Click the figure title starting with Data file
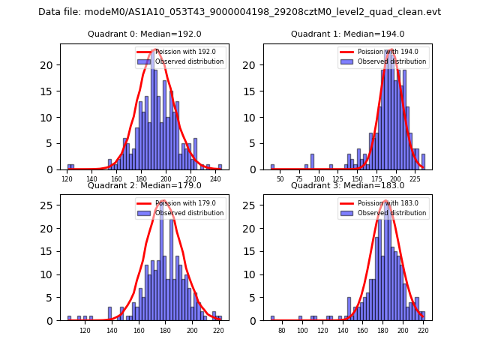coord(239,12)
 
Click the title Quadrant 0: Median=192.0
coord(145,34)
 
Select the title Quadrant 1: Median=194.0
coord(347,34)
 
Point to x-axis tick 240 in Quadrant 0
coord(215,178)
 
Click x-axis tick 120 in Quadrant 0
coord(67,178)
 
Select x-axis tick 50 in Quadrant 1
coord(280,178)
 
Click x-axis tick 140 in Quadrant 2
coord(112,330)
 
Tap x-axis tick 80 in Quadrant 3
coord(282,330)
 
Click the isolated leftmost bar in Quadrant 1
coord(272,167)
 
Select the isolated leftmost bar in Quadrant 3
coord(272,318)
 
